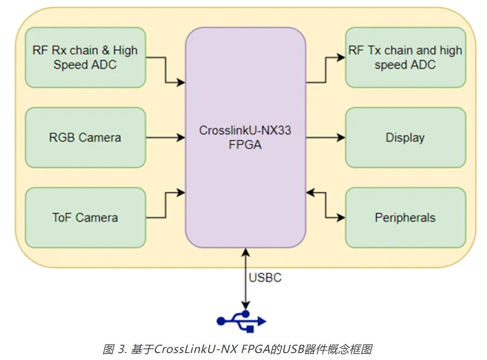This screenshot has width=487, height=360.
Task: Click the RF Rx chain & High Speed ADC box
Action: tap(85, 58)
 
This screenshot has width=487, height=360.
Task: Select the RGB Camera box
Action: tap(85, 138)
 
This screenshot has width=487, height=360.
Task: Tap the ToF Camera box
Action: tap(85, 217)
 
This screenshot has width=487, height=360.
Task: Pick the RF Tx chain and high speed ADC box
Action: tap(405, 58)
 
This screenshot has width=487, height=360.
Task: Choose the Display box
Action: tap(405, 138)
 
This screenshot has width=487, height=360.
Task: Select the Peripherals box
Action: tap(405, 217)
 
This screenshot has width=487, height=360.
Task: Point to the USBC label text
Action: tap(265, 278)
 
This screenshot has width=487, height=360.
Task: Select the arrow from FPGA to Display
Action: tap(325, 138)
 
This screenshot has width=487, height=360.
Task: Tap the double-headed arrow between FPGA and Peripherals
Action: tap(325, 204)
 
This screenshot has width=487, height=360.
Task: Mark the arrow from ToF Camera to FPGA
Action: tap(166, 204)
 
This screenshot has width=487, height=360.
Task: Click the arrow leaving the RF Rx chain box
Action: tap(166, 70)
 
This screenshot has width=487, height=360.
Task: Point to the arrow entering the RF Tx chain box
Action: tap(325, 70)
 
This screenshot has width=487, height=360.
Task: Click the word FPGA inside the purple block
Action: tap(245, 145)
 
